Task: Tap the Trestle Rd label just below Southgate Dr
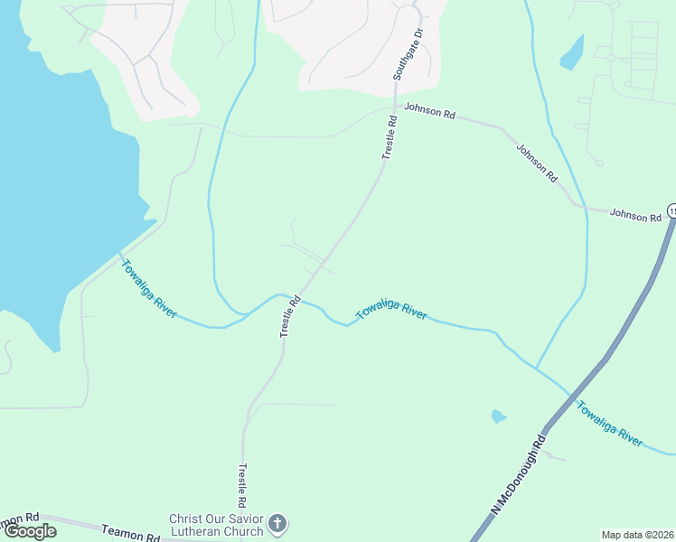(390, 137)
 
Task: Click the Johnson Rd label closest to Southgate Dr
(429, 112)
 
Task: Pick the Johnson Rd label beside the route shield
(635, 216)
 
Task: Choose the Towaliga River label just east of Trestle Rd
(391, 313)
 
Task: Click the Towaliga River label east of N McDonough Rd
(610, 424)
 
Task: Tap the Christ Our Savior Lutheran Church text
(217, 525)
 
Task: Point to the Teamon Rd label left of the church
(130, 535)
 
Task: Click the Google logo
(30, 530)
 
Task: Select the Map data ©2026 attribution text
(638, 535)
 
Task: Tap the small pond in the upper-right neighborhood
(572, 55)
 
